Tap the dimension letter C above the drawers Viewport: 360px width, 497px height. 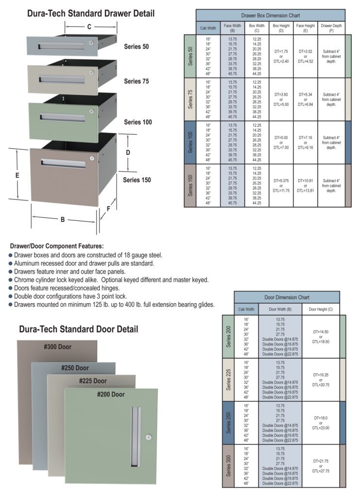pyautogui.click(x=89, y=27)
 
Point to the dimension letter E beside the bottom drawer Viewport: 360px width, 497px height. pyautogui.click(x=17, y=176)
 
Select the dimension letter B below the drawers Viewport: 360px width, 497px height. pyautogui.click(x=63, y=220)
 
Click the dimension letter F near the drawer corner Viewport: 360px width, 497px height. pyautogui.click(x=107, y=210)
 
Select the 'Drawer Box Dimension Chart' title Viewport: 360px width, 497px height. pyautogui.click(x=270, y=16)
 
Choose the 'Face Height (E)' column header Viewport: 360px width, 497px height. pyautogui.click(x=305, y=28)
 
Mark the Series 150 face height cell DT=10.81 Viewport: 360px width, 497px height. pyautogui.click(x=305, y=186)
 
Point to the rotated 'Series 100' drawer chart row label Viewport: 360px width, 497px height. pyautogui.click(x=190, y=143)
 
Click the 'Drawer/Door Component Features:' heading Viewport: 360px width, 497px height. pyautogui.click(x=57, y=247)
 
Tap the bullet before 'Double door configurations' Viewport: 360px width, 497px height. pyautogui.click(x=11, y=296)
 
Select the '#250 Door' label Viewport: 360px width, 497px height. pyautogui.click(x=75, y=368)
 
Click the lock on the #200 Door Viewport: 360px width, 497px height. pyautogui.click(x=148, y=437)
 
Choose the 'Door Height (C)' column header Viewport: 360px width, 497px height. pyautogui.click(x=320, y=309)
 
